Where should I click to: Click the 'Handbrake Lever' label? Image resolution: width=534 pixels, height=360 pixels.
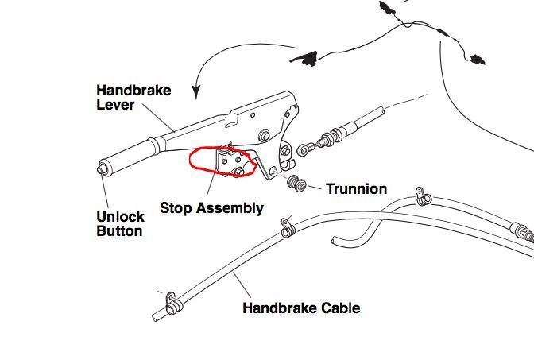tap(133, 98)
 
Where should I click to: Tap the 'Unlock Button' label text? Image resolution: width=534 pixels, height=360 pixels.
tap(120, 223)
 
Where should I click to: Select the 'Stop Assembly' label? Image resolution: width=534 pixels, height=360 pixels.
tap(211, 208)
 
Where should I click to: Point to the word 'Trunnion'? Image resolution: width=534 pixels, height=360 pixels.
tap(356, 188)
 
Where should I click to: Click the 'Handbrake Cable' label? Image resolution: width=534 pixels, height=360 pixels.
tap(301, 308)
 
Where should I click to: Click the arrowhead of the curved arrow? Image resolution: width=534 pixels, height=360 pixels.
tap(195, 92)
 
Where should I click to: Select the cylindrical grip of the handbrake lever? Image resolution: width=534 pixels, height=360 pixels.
tap(131, 155)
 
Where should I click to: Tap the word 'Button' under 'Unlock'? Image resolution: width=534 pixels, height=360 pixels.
tap(119, 231)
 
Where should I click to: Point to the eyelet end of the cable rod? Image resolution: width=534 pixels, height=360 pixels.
tap(306, 149)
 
